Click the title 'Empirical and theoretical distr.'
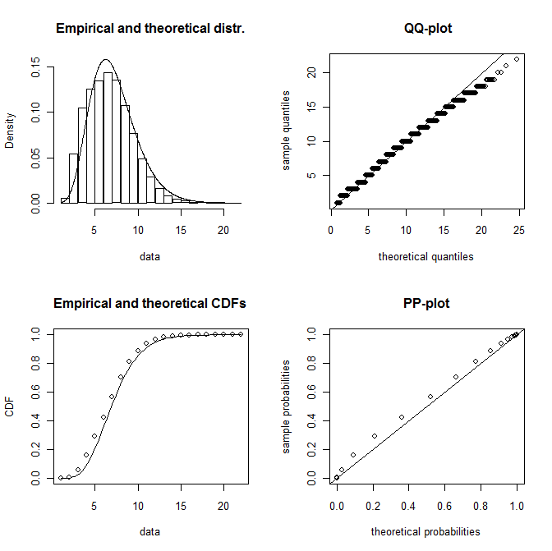(150, 29)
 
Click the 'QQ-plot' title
(427, 29)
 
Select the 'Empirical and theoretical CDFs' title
(150, 304)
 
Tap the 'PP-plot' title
(427, 304)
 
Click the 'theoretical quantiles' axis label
(425, 256)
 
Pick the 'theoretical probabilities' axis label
(425, 531)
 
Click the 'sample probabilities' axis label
(287, 406)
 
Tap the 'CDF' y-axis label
(10, 406)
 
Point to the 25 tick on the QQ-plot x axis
(517, 232)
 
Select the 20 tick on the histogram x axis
(223, 232)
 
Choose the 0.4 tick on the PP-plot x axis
(408, 507)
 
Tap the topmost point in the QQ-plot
(517, 59)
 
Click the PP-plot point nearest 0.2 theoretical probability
(375, 436)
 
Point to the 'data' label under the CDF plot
(149, 531)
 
